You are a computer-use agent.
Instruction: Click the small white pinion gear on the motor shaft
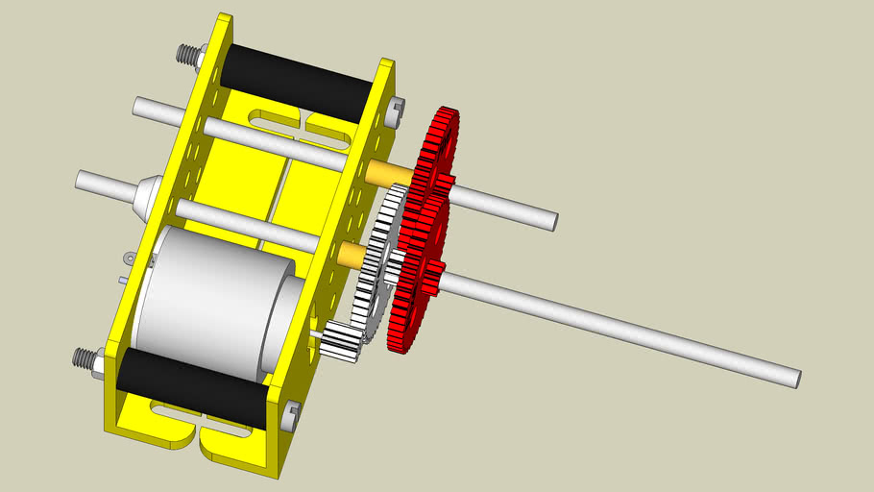(341, 342)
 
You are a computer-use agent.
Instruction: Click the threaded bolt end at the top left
(185, 54)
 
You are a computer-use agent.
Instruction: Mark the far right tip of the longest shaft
(796, 378)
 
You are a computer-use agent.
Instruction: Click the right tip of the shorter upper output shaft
(551, 220)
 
